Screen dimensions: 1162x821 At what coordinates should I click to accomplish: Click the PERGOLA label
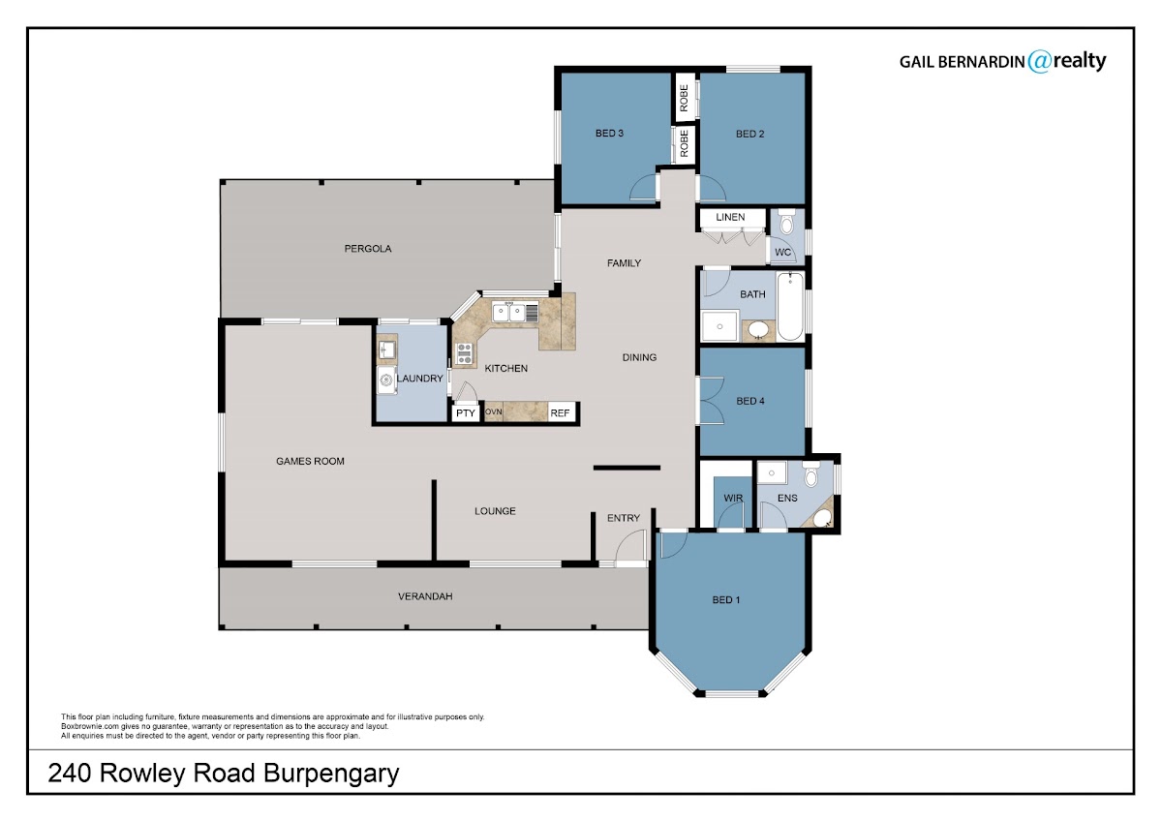(x=368, y=249)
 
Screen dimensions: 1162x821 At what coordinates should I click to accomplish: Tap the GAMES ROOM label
(x=310, y=461)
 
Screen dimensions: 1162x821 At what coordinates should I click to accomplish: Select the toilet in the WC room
(x=787, y=222)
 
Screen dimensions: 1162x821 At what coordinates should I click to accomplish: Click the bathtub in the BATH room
(x=790, y=306)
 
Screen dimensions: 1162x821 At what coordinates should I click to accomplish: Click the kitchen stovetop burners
(x=464, y=352)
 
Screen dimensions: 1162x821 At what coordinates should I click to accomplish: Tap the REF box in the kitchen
(x=561, y=412)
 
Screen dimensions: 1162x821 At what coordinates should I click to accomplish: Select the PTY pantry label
(x=466, y=413)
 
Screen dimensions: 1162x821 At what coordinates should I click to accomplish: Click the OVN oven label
(x=494, y=411)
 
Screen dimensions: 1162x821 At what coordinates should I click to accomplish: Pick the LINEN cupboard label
(x=730, y=217)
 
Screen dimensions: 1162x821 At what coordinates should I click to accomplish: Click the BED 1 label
(x=725, y=600)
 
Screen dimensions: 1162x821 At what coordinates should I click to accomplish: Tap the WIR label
(x=733, y=498)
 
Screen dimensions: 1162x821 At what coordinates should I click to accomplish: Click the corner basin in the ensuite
(x=821, y=517)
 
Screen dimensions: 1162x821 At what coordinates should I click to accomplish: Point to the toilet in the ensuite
(x=810, y=474)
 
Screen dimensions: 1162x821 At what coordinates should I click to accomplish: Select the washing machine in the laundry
(x=386, y=380)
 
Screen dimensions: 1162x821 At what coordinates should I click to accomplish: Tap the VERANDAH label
(x=425, y=596)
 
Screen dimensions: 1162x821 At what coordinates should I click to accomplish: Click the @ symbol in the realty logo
(x=1039, y=61)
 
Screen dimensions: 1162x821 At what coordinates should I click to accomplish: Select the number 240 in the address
(x=70, y=774)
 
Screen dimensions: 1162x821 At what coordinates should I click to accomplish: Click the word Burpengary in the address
(x=331, y=775)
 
